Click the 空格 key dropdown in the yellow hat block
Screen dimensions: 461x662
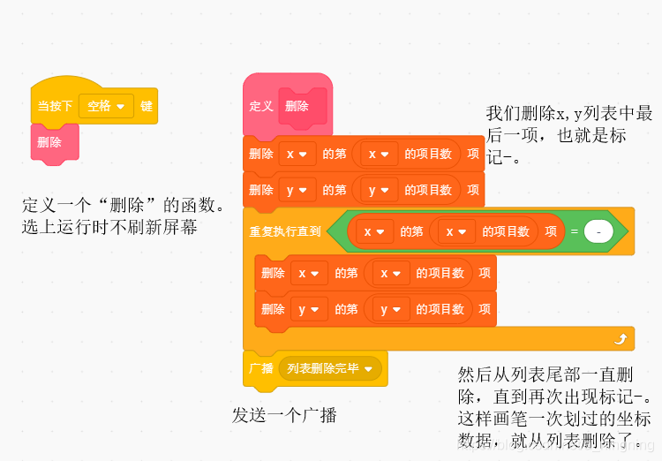pos(106,106)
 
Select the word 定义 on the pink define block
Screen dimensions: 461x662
pos(261,106)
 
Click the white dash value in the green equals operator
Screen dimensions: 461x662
pos(598,231)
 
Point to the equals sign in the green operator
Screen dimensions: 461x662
pos(574,231)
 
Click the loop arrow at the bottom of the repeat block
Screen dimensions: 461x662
pos(621,338)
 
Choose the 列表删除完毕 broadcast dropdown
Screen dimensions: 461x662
pos(329,368)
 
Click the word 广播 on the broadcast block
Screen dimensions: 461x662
pos(261,368)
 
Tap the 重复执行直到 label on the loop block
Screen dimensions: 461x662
pos(285,231)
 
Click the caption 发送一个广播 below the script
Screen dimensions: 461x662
pos(284,415)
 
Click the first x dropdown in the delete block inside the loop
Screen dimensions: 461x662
pos(308,274)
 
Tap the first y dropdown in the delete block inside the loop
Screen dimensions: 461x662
pos(308,309)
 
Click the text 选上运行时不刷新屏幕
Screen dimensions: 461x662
pos(109,228)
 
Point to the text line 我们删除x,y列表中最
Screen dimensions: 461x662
pos(569,114)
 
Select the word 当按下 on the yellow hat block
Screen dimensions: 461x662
pos(55,106)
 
